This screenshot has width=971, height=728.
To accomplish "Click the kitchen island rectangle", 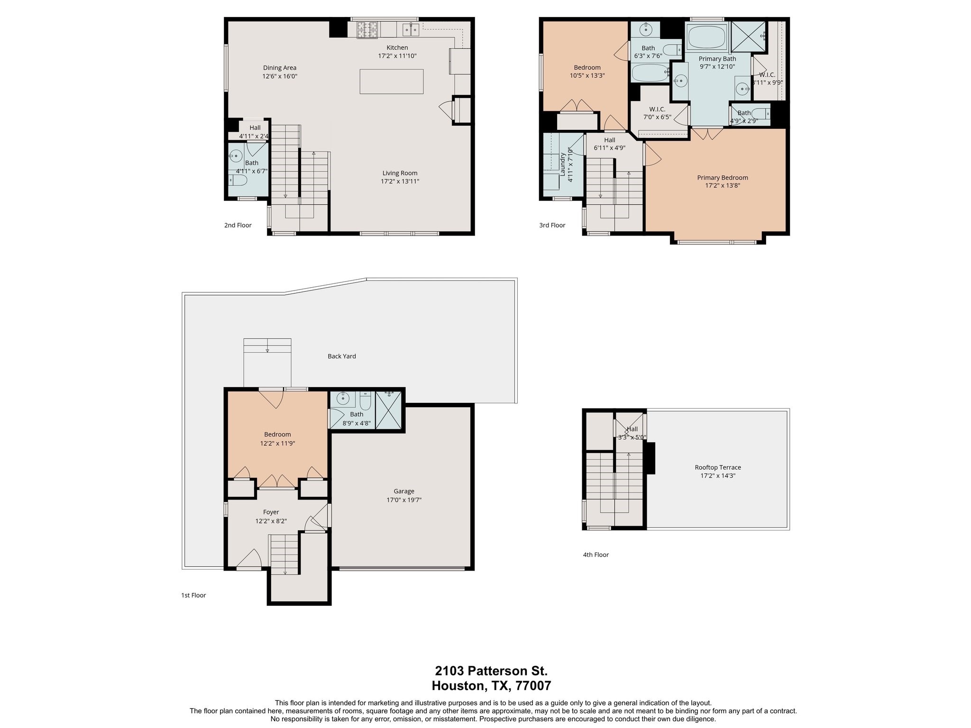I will (391, 82).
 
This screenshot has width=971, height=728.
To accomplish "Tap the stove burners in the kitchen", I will (367, 29).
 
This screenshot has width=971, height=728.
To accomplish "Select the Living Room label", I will (400, 173).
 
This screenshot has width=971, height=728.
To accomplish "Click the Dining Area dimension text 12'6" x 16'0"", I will (280, 76).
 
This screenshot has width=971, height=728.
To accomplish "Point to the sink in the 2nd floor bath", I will (236, 155).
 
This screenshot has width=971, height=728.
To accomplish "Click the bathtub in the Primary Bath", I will (706, 36).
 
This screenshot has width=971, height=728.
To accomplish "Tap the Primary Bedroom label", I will (722, 178).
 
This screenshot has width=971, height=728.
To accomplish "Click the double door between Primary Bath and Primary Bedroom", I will (707, 133).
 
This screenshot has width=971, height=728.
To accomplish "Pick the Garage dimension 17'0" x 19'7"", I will (403, 500).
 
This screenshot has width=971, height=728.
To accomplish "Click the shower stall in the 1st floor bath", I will (388, 410).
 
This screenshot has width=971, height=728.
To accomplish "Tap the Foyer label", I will (271, 512).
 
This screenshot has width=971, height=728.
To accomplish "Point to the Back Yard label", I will (341, 356).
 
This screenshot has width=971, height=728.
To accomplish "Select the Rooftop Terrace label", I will (717, 467).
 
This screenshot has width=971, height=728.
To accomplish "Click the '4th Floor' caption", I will (595, 555).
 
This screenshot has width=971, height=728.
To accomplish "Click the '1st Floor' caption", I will (193, 595).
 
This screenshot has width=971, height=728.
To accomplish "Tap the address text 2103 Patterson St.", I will (491, 671).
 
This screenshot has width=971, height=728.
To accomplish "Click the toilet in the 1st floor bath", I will (365, 402).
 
